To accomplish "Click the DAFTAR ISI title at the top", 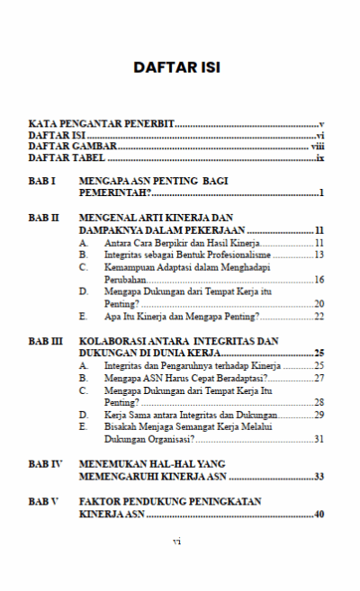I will coord(176,67).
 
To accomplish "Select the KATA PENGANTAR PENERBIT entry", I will coord(101,122).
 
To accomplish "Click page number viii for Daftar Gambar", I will coord(317,146).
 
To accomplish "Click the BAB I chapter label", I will coord(42,182).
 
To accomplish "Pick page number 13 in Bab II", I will coord(319,255).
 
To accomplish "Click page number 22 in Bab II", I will coord(319,317).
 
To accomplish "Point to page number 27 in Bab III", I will coord(319,379).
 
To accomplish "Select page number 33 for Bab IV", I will coord(319,477).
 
